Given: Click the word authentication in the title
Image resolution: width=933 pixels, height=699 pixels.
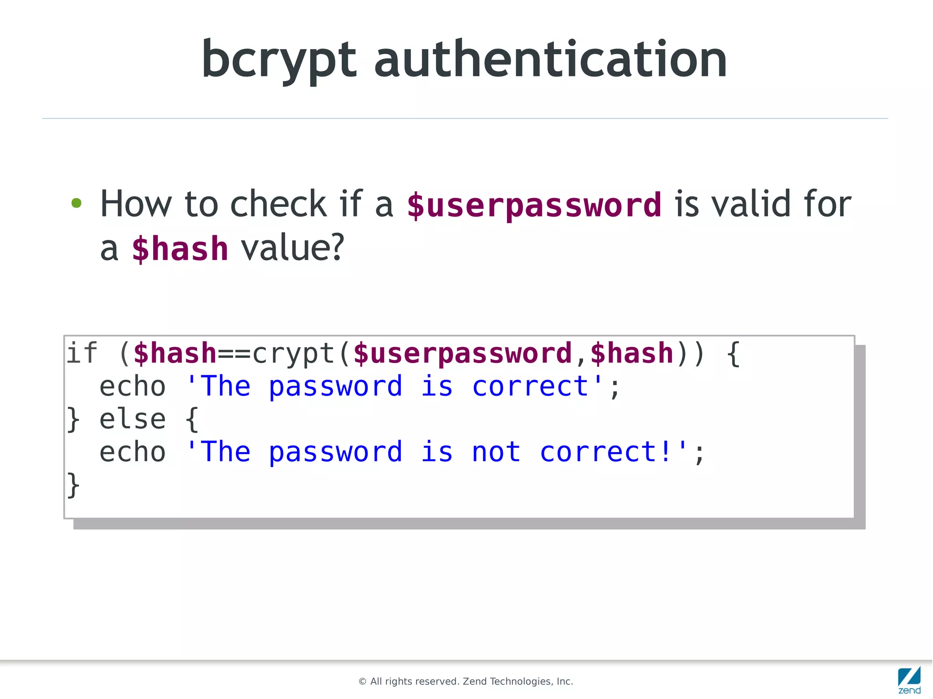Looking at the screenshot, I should [x=550, y=59].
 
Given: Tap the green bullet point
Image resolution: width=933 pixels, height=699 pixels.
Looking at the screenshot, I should [x=77, y=203].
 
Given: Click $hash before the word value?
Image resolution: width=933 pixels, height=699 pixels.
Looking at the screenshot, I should [x=180, y=249].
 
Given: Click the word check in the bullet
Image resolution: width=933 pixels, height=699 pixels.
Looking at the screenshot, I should [x=278, y=204].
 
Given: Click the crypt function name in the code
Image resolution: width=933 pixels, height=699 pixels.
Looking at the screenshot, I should [x=294, y=354].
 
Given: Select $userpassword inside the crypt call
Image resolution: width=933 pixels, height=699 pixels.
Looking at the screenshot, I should [x=462, y=354].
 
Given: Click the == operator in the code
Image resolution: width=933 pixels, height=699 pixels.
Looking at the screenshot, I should [x=234, y=354].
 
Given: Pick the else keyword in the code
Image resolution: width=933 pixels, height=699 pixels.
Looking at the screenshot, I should [x=132, y=419].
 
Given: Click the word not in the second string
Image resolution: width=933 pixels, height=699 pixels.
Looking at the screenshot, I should [x=496, y=452].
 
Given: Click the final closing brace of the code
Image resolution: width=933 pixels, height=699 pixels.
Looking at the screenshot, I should [x=73, y=485].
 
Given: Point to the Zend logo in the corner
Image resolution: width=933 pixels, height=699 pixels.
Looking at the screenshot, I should [x=909, y=680].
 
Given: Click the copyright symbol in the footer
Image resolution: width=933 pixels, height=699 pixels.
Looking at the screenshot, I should [x=363, y=681].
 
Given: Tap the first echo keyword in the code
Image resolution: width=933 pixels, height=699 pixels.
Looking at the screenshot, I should [x=132, y=387].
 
